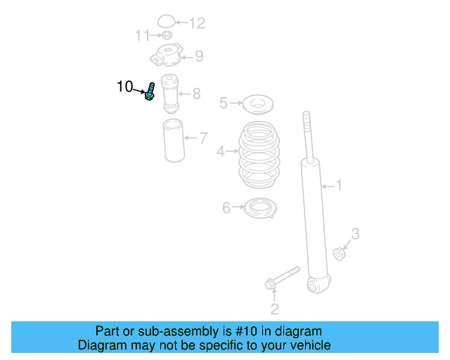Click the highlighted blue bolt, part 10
coord(150,91)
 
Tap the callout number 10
coord(124,86)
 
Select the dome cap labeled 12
coord(166,22)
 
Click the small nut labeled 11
coord(167,35)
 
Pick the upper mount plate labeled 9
coord(166,55)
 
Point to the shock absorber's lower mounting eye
coord(317,285)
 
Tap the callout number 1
coord(338,186)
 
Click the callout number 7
coord(203,138)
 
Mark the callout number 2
coord(275,308)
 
